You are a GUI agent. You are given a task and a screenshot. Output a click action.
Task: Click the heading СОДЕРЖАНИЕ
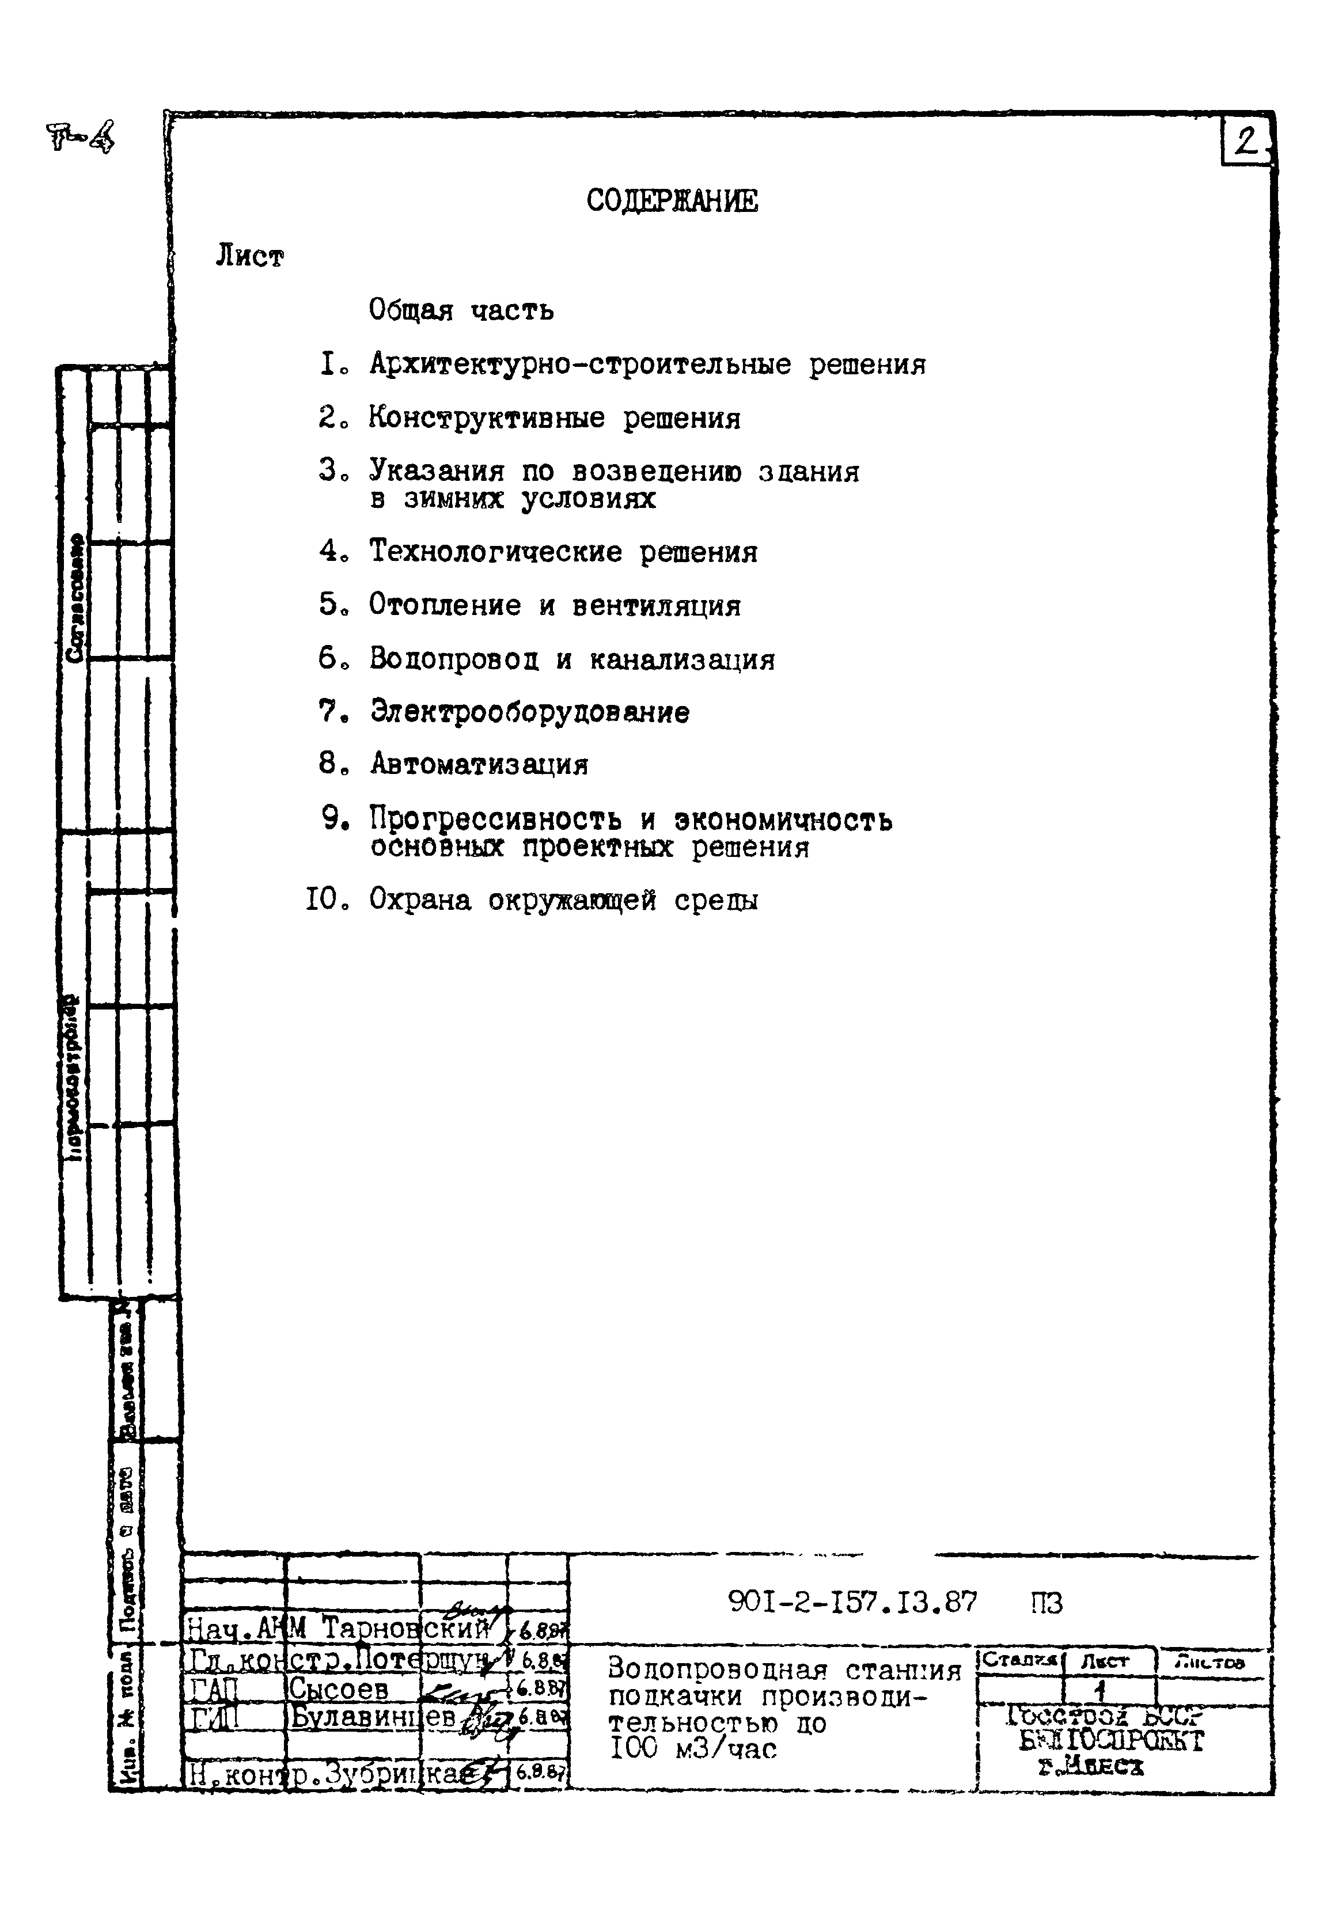click(672, 201)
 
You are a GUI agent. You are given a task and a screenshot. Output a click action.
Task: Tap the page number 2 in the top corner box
click(1245, 143)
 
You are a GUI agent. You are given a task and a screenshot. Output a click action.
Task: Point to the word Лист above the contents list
click(249, 257)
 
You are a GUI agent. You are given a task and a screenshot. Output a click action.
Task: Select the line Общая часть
click(461, 310)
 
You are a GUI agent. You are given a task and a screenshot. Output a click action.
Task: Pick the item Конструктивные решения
click(555, 418)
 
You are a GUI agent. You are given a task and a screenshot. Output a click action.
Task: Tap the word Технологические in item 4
click(495, 551)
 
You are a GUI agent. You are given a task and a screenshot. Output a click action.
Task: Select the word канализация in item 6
click(682, 659)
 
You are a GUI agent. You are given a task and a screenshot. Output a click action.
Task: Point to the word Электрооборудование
click(529, 712)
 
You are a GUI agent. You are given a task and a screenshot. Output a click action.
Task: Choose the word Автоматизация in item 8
click(479, 764)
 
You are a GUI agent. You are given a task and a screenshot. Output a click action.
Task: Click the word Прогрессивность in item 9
click(495, 819)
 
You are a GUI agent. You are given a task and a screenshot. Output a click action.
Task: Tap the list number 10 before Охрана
click(324, 900)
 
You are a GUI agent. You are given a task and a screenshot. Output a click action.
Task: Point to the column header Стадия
click(1019, 1661)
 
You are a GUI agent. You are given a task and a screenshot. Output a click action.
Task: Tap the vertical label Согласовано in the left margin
click(75, 597)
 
